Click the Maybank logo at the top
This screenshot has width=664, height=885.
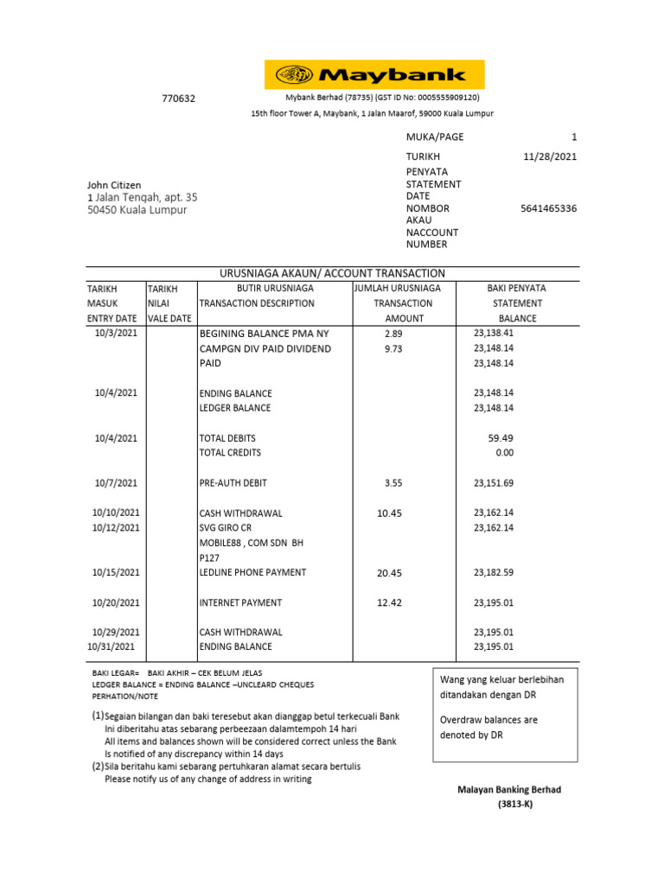(x=373, y=75)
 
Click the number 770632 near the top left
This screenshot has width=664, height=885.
(x=179, y=99)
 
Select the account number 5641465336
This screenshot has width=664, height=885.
(x=549, y=208)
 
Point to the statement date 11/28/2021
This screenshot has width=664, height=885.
(x=551, y=156)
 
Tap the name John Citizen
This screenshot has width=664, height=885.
(x=114, y=185)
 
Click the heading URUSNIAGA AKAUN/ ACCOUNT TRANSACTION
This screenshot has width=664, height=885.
(x=332, y=273)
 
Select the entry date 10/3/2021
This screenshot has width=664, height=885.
(x=115, y=333)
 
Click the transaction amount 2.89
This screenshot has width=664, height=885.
(x=393, y=333)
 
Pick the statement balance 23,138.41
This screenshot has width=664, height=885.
(x=494, y=333)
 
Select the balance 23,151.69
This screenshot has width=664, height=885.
(x=494, y=483)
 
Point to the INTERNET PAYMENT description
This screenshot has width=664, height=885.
(x=240, y=602)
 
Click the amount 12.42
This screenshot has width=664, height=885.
(x=389, y=602)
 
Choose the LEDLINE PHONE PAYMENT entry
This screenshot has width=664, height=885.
(x=252, y=573)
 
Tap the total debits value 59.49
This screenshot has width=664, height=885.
(x=501, y=438)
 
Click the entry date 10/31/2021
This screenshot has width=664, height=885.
(x=112, y=646)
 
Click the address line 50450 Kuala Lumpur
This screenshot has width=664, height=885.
(x=137, y=210)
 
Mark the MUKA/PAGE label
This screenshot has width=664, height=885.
(x=435, y=137)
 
